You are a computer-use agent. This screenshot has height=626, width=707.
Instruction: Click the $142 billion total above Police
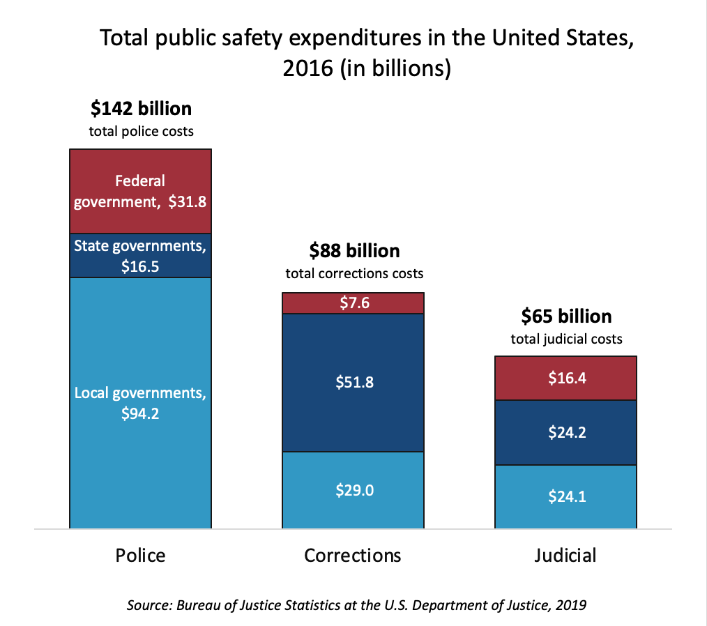(141, 109)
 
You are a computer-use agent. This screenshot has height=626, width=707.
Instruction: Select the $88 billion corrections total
(354, 251)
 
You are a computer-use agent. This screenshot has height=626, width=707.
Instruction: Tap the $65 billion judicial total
(566, 316)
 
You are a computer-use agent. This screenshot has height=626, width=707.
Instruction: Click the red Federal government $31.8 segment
(141, 191)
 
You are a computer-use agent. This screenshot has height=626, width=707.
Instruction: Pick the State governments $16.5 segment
(141, 255)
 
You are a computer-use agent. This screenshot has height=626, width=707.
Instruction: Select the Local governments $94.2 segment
(141, 403)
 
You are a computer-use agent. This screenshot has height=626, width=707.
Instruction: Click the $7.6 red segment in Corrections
(353, 303)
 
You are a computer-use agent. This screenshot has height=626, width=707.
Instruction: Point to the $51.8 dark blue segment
(353, 382)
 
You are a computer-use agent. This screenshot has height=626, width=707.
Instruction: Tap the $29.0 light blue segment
(353, 490)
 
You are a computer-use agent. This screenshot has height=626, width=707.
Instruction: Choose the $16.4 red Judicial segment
(566, 378)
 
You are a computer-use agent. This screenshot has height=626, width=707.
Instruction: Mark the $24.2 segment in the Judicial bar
(566, 432)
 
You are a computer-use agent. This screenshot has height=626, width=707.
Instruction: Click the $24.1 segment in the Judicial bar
(566, 497)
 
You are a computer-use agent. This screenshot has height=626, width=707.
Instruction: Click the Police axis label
(141, 555)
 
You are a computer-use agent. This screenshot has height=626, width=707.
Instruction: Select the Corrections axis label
(353, 555)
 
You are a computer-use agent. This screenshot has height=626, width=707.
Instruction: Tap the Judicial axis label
(565, 555)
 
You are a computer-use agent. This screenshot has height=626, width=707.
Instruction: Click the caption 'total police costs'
(141, 131)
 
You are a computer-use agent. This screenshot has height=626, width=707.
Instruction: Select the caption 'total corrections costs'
(354, 273)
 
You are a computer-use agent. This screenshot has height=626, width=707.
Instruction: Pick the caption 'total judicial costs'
(566, 339)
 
